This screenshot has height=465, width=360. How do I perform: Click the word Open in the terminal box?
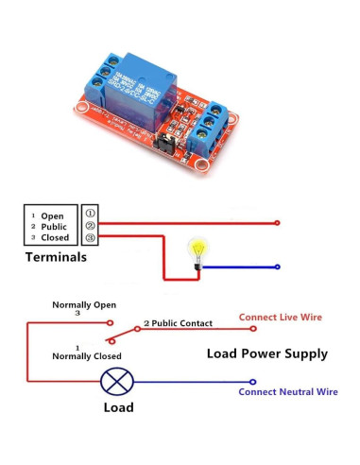pyautogui.click(x=52, y=215)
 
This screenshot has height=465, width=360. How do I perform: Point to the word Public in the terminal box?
pyautogui.click(x=54, y=227)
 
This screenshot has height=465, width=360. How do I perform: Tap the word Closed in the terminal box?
pyautogui.click(x=56, y=239)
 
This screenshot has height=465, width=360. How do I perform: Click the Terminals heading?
pyautogui.click(x=56, y=257)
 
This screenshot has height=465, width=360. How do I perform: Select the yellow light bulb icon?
pyautogui.click(x=199, y=251)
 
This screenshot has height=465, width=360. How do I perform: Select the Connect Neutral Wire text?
pyautogui.click(x=287, y=391)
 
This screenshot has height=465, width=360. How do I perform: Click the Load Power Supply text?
pyautogui.click(x=266, y=353)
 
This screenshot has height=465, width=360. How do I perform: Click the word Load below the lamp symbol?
pyautogui.click(x=116, y=408)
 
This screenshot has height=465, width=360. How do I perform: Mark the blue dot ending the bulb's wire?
pyautogui.click(x=277, y=267)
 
